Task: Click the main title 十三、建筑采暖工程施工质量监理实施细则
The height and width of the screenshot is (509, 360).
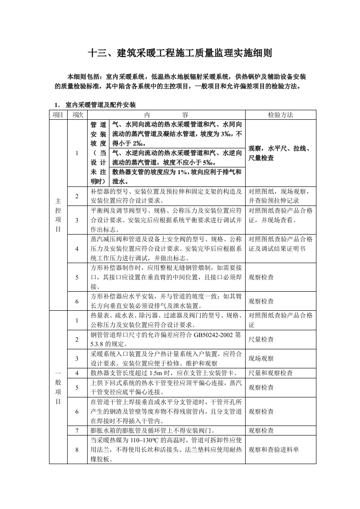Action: tap(180, 54)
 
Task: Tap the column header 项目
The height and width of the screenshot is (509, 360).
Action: tap(58, 115)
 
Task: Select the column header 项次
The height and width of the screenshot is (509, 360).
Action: tap(78, 115)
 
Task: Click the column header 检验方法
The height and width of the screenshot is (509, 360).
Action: tap(280, 115)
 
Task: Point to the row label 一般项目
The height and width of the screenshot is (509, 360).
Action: tap(58, 387)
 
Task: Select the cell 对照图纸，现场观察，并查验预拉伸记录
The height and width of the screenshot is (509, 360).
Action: tap(280, 196)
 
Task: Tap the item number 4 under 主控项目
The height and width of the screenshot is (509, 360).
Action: tap(77, 249)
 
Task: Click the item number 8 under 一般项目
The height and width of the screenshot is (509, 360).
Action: tap(77, 450)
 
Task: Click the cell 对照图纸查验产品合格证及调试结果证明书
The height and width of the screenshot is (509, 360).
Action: tap(280, 244)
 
